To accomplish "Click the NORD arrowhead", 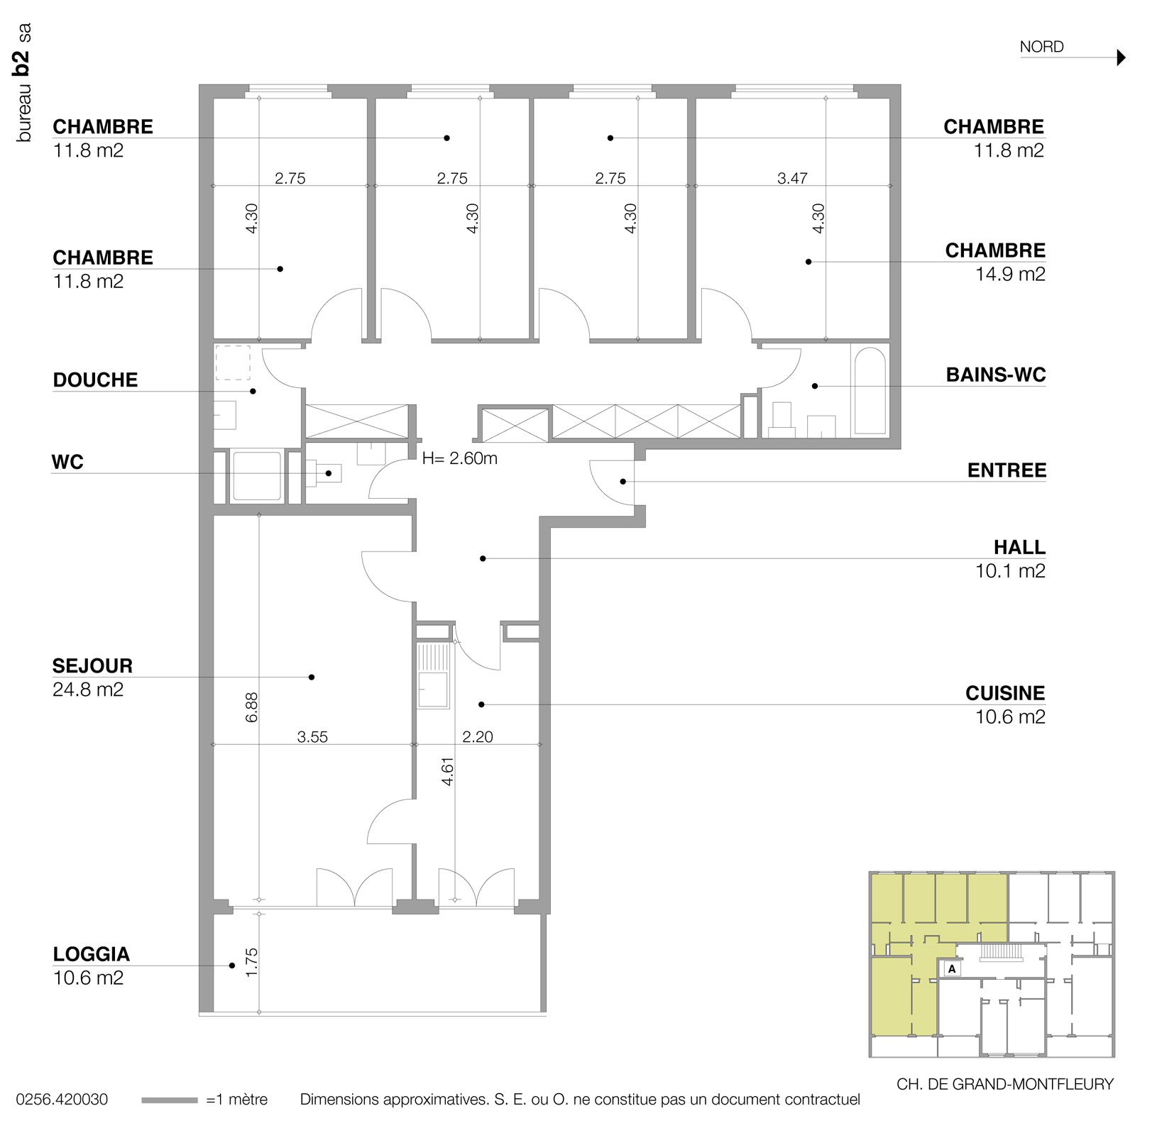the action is click(x=1122, y=57).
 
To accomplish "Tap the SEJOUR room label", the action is click(x=92, y=666).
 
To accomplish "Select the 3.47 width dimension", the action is click(x=792, y=178).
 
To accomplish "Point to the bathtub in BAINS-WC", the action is click(x=869, y=391).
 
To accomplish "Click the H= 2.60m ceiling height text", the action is click(x=459, y=459).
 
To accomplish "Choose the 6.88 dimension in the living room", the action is click(x=251, y=707).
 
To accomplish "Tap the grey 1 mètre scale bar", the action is click(x=170, y=1100).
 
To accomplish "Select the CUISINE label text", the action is click(x=1005, y=693).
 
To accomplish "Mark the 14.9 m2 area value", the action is click(x=1010, y=274).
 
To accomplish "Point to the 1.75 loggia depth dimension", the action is click(x=251, y=963).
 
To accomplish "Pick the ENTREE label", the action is click(x=1007, y=470).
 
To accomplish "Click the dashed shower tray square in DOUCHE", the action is click(x=232, y=363).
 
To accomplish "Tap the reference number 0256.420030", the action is click(x=62, y=1100).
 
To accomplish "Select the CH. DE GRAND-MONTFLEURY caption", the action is click(x=1005, y=1084).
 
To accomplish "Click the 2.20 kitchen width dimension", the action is click(x=477, y=737).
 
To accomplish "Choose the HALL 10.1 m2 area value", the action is click(x=1010, y=571).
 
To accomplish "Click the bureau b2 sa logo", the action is click(x=24, y=82).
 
